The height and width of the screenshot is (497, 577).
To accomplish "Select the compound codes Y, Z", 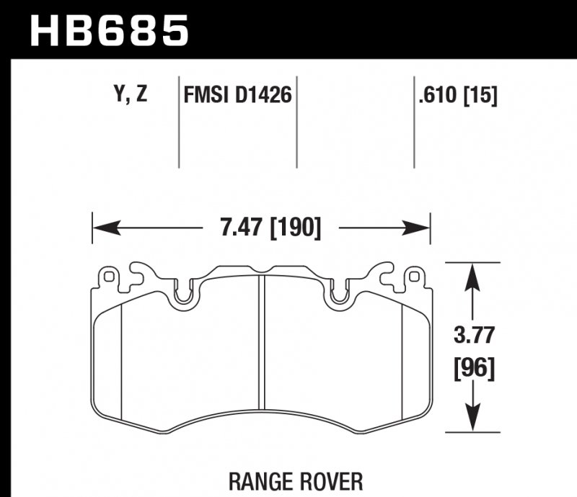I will click(131, 94).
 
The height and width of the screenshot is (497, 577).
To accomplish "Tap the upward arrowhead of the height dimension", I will click(472, 274).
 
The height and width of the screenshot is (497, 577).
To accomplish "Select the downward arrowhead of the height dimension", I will click(472, 421).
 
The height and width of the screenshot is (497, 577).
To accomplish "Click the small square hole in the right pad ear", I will click(413, 275).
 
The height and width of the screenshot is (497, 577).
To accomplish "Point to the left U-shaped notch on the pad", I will click(183, 294).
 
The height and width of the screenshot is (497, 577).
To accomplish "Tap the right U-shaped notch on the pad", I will click(339, 294).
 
